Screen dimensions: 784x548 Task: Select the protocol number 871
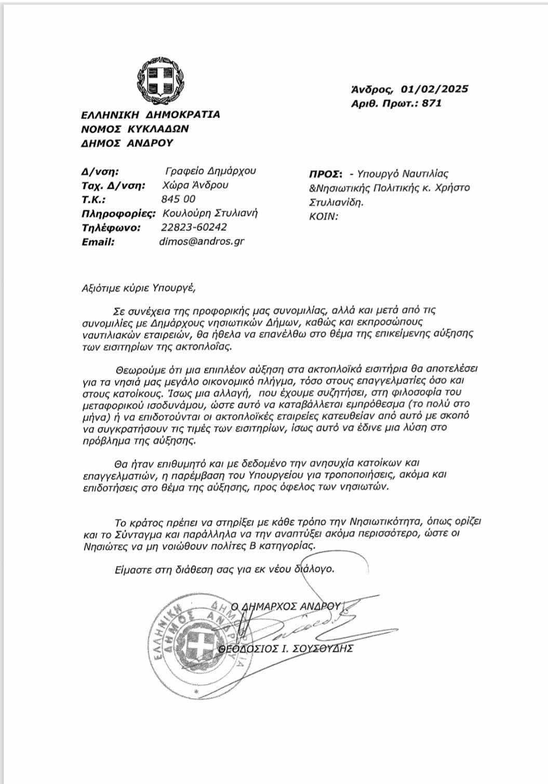(x=432, y=103)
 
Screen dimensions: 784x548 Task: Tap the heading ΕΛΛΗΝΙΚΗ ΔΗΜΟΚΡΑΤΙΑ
(x=151, y=114)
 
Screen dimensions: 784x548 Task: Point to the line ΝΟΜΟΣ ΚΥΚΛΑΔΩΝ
(x=135, y=128)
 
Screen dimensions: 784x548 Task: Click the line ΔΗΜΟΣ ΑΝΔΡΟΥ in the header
(x=127, y=143)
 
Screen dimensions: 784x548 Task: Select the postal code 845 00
(x=179, y=199)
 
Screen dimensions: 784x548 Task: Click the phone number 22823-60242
(x=194, y=227)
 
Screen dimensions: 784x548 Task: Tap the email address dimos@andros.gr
(x=203, y=241)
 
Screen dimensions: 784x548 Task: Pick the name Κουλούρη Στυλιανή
(x=210, y=213)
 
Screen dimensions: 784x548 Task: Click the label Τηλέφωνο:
(x=111, y=227)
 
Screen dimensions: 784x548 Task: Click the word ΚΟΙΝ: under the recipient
(x=324, y=216)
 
